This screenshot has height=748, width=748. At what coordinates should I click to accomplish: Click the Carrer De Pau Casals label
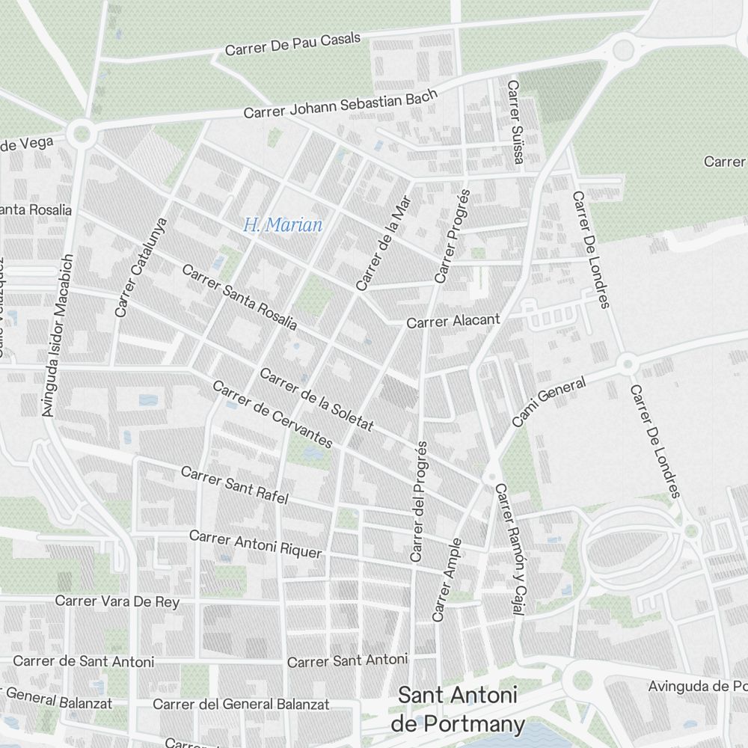tap(292, 44)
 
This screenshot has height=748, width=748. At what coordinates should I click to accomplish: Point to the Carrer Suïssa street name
tap(515, 123)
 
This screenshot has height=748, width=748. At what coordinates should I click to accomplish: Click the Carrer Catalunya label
tap(141, 266)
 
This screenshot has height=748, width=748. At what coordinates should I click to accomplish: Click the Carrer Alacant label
tap(453, 321)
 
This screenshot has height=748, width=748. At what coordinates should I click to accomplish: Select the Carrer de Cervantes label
tap(272, 414)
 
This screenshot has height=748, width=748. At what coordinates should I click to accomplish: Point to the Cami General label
tap(548, 402)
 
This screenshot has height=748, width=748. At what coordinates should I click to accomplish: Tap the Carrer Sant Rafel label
tap(234, 486)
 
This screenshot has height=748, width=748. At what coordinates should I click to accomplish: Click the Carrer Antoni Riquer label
tap(255, 545)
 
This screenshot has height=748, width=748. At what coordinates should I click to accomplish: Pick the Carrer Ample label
tap(447, 580)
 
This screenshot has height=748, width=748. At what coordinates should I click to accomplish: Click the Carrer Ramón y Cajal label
tap(506, 549)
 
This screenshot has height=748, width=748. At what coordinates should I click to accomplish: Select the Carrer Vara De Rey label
tap(117, 601)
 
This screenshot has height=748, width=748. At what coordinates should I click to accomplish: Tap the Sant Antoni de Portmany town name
tap(458, 709)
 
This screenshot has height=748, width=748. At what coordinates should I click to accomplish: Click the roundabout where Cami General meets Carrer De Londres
tap(627, 364)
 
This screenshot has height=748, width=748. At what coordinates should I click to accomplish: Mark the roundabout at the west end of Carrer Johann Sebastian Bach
tap(81, 134)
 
